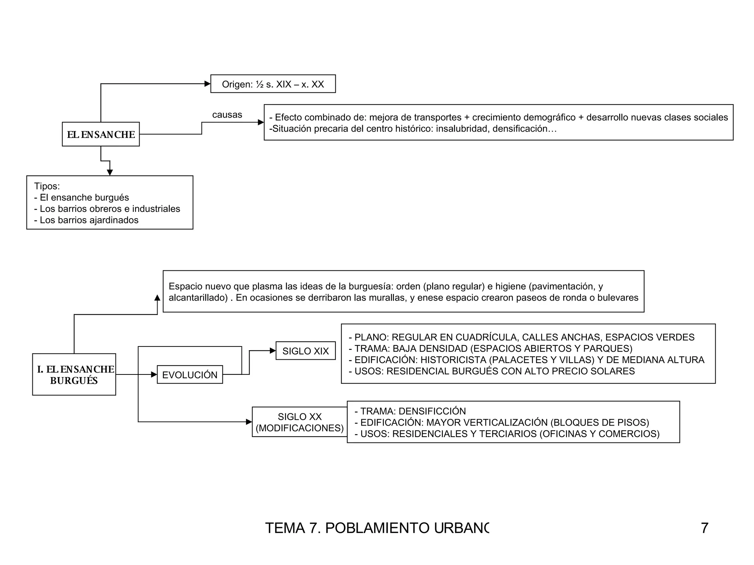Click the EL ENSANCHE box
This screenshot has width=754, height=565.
click(101, 134)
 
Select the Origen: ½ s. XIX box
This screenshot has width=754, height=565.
click(273, 84)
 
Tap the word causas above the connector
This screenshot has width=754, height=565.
click(227, 115)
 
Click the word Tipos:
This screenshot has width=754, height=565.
click(47, 186)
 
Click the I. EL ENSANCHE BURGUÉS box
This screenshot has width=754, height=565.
click(74, 374)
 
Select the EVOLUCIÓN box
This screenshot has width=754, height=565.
click(190, 375)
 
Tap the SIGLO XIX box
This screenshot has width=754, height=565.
click(306, 351)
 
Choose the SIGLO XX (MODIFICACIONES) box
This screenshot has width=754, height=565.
click(299, 422)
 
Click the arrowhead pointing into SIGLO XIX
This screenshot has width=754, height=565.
click(273, 351)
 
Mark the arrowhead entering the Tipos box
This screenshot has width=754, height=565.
click(110, 173)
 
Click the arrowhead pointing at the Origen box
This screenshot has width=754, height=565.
click(207, 84)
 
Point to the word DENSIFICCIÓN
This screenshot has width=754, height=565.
click(432, 411)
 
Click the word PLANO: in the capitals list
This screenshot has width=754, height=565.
click(371, 337)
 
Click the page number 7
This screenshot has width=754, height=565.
click(704, 528)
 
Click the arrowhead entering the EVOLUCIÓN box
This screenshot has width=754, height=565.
click(154, 375)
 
